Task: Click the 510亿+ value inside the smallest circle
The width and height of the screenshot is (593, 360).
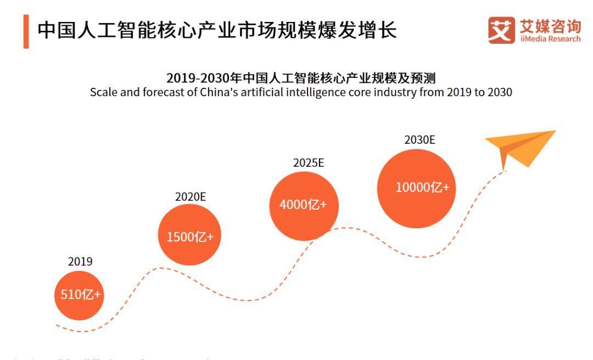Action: pos(78,295)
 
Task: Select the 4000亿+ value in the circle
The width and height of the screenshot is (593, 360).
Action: pos(303,205)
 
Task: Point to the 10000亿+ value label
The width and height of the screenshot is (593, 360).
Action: pos(422,187)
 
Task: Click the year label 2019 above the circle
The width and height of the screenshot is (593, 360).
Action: pos(80,262)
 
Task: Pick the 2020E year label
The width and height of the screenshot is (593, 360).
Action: pos(191,196)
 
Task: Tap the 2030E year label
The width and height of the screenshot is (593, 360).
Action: pos(419,140)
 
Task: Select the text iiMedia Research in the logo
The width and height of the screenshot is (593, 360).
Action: pos(546,39)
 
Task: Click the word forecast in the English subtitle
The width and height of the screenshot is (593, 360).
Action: pos(156,92)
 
